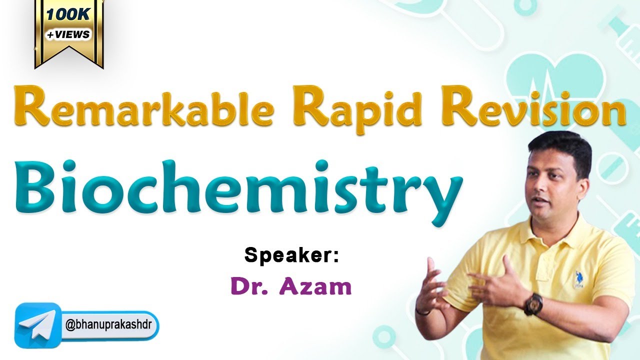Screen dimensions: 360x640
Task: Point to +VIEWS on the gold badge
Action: point(68,34)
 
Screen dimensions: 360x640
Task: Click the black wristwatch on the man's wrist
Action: point(533,303)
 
